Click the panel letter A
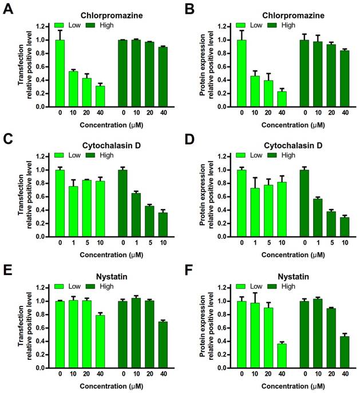pos(7,10)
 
